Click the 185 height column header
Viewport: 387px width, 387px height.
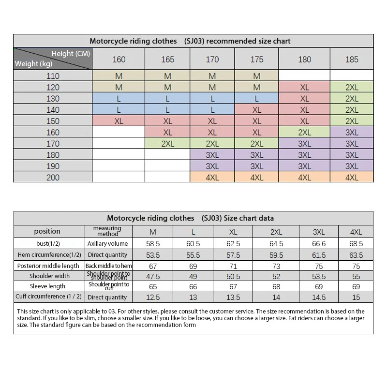pos(352,60)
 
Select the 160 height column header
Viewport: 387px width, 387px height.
pos(119,60)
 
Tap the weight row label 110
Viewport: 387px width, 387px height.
pos(53,76)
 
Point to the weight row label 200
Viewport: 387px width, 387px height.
pos(53,178)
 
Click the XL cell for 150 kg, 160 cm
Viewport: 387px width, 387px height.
pos(119,121)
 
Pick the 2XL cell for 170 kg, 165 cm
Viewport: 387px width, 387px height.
pos(167,144)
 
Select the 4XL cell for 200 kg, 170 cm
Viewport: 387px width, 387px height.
pos(212,178)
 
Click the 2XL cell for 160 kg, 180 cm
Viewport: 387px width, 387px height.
pos(304,133)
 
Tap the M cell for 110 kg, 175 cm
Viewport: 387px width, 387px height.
pos(257,76)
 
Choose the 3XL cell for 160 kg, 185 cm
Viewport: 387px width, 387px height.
pos(352,133)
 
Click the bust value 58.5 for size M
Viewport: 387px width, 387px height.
pos(153,243)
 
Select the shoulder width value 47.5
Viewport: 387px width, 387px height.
pos(153,276)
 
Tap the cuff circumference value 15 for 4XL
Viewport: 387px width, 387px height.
pos(356,298)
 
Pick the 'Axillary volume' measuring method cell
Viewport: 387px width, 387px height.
pos(107,243)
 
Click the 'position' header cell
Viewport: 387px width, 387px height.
pos(47,231)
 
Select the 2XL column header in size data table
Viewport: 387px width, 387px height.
pos(276,232)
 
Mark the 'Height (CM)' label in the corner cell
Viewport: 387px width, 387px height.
pos(71,54)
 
